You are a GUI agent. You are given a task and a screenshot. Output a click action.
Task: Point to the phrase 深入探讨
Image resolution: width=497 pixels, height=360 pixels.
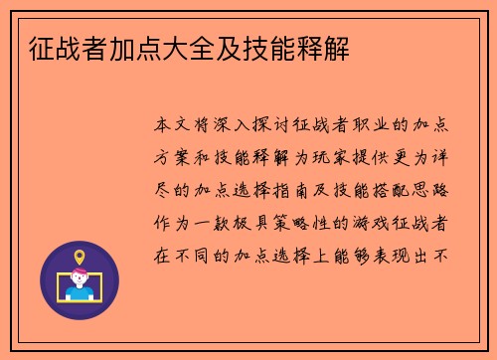[x=255, y=127]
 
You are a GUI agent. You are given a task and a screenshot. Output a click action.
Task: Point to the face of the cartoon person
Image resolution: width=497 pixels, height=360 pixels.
[x=80, y=280]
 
